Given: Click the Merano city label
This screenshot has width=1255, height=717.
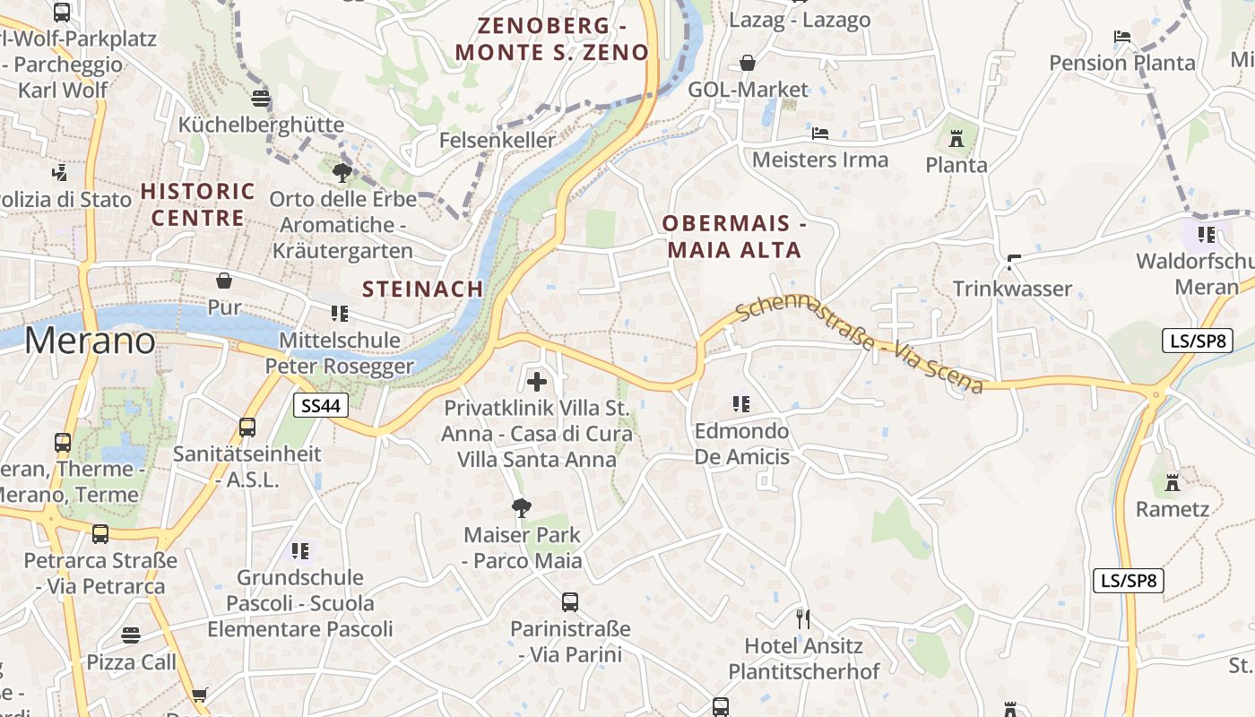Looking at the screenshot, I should pyautogui.click(x=90, y=341).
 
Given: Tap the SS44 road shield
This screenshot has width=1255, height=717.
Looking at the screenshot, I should pyautogui.click(x=321, y=406).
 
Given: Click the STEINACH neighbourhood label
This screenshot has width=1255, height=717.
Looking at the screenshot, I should pyautogui.click(x=423, y=289).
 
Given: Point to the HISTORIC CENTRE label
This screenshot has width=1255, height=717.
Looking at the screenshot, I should pyautogui.click(x=198, y=204).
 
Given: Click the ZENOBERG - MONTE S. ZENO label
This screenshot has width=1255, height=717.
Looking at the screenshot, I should pyautogui.click(x=551, y=39).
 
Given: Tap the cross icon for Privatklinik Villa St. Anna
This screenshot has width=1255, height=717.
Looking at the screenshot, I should pyautogui.click(x=537, y=383).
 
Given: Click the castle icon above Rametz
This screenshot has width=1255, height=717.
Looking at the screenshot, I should pyautogui.click(x=1172, y=483).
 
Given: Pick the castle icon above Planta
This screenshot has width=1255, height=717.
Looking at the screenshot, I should pyautogui.click(x=956, y=139).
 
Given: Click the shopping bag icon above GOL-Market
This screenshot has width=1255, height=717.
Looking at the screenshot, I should pyautogui.click(x=748, y=63).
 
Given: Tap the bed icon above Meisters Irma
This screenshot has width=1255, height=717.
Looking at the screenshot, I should pyautogui.click(x=819, y=134).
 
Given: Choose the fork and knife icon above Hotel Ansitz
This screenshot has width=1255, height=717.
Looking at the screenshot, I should pyautogui.click(x=803, y=618).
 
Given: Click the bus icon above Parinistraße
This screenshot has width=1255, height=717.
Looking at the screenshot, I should pyautogui.click(x=570, y=602).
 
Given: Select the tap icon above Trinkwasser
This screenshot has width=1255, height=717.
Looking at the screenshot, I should pyautogui.click(x=1014, y=262).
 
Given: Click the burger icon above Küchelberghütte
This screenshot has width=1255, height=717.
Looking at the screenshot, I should pyautogui.click(x=261, y=98).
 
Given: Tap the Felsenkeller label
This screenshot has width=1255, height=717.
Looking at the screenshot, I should pyautogui.click(x=498, y=140).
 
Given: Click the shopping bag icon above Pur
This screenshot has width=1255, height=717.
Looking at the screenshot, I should pyautogui.click(x=224, y=281).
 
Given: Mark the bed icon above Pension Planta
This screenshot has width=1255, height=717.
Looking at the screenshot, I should pyautogui.click(x=1122, y=37).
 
